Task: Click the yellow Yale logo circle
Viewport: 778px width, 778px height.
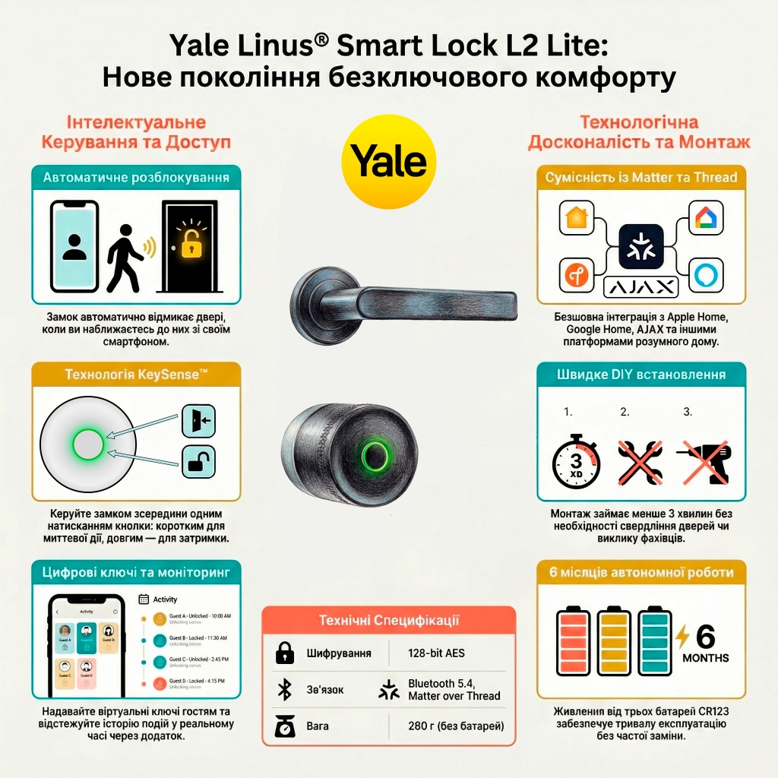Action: tap(388, 161)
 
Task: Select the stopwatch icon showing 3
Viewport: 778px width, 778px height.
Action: tap(576, 461)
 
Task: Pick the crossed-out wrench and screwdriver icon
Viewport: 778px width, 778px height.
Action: tap(640, 461)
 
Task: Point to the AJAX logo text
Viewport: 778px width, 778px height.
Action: tap(640, 286)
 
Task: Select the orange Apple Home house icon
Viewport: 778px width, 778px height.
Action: tap(577, 218)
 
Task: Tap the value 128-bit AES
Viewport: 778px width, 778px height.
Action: tap(436, 653)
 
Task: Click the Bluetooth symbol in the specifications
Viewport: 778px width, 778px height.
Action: tap(285, 690)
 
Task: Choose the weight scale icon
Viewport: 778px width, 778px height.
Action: tap(285, 726)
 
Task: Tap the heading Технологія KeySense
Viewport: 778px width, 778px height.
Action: tap(136, 374)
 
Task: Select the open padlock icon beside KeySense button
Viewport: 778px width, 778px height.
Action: tap(198, 461)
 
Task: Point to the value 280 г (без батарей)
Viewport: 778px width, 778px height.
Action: tap(456, 726)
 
